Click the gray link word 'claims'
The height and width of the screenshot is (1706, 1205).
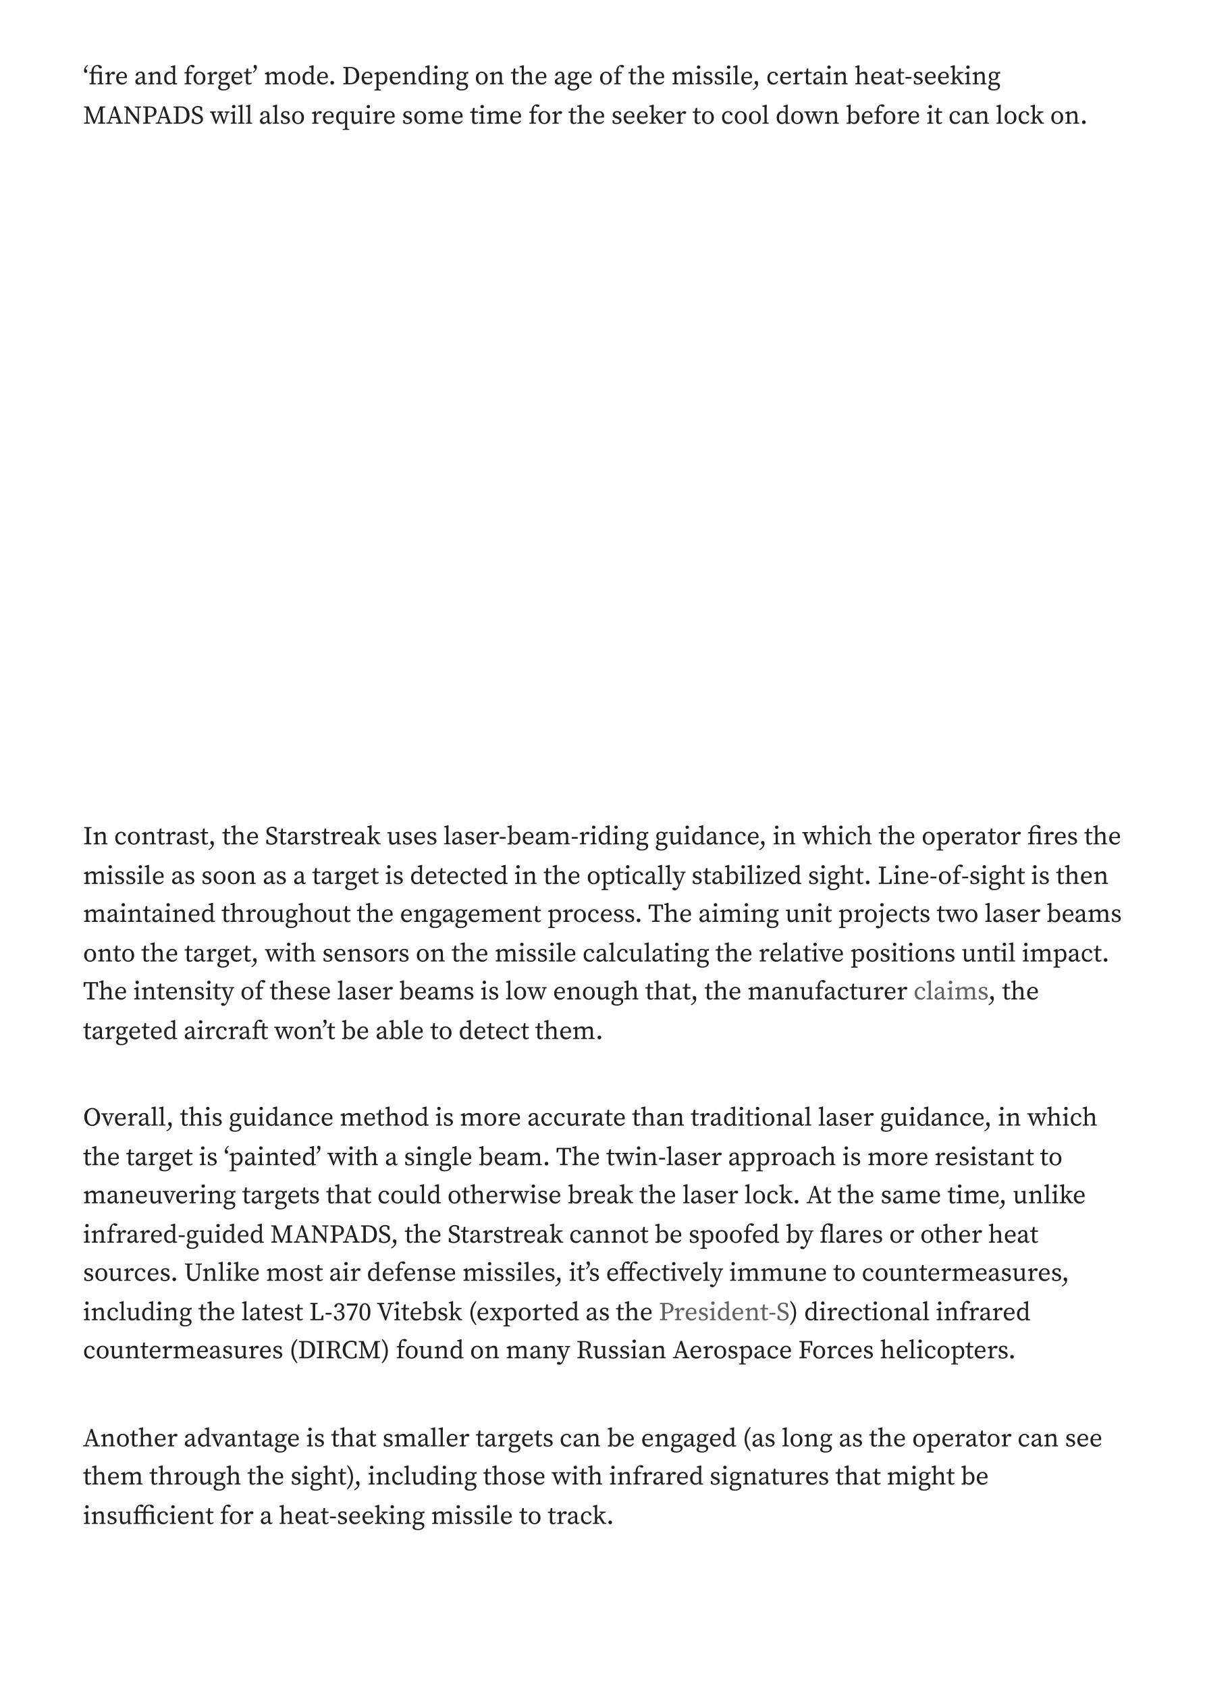950,992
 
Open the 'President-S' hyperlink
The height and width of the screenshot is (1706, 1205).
724,1312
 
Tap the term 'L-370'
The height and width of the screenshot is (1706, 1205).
339,1312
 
